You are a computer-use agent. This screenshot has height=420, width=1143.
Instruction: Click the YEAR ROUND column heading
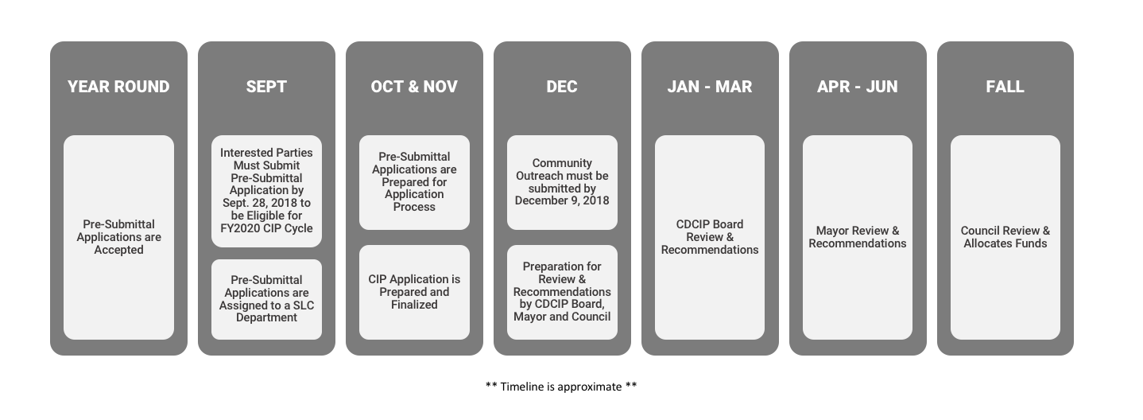pos(118,87)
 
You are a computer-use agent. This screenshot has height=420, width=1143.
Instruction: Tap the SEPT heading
pos(266,87)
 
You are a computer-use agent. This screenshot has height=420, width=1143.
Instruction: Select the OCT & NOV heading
pos(414,87)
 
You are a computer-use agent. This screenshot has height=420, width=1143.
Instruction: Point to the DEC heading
pos(562,87)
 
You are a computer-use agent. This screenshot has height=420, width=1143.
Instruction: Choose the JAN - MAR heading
pos(710,87)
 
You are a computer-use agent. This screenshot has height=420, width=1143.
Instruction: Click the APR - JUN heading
pos(857,87)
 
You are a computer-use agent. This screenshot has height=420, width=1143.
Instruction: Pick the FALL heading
pos(1005,87)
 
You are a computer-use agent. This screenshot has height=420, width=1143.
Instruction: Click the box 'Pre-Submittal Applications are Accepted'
pos(119,237)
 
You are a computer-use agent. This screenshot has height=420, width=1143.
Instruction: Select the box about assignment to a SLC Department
pos(266,299)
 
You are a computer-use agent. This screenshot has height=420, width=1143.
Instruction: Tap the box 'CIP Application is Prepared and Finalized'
pos(414,292)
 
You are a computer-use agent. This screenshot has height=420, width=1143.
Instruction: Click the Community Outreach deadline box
pos(562,182)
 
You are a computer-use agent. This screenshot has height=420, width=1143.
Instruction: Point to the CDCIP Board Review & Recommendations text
pos(710,237)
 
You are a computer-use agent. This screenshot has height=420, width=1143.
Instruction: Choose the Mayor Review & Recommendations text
pos(857,237)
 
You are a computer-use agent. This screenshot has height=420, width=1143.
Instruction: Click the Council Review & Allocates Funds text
pos(1005,237)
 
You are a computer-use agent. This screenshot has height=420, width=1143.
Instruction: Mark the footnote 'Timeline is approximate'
pos(561,387)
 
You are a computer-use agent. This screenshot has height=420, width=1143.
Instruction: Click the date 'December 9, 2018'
pos(562,200)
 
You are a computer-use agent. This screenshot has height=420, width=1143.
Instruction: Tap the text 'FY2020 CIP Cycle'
pos(266,228)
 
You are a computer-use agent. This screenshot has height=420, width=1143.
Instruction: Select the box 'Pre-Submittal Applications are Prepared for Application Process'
pos(414,182)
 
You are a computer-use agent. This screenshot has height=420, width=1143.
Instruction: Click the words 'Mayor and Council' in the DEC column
pos(562,317)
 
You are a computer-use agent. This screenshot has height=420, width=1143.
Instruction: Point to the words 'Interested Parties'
pos(266,153)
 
